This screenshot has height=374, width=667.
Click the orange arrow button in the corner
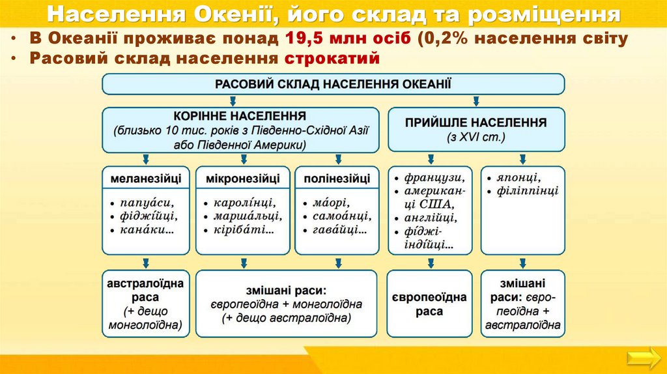[642, 357]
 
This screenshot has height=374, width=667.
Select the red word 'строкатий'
[332, 59]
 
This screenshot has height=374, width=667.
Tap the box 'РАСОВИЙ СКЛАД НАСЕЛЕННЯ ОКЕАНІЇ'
[333, 83]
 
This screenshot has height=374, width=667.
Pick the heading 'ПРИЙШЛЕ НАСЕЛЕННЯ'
[475, 122]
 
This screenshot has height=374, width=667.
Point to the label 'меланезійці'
[145, 178]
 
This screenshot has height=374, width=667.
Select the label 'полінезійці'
[337, 178]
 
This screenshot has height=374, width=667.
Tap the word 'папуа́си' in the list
[147, 202]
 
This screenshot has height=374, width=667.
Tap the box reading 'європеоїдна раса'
[429, 304]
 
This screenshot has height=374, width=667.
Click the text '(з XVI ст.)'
[475, 137]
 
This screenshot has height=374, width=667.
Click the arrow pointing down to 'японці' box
[522, 158]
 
